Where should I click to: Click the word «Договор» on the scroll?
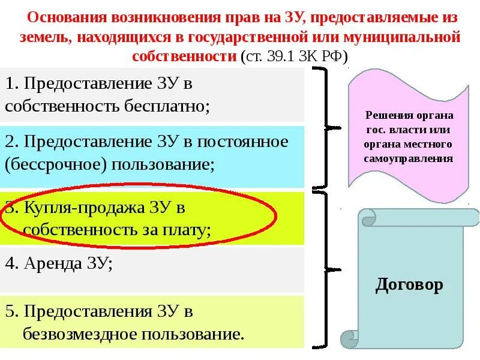pos(409,284)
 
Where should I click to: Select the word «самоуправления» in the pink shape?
pos(408,159)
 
